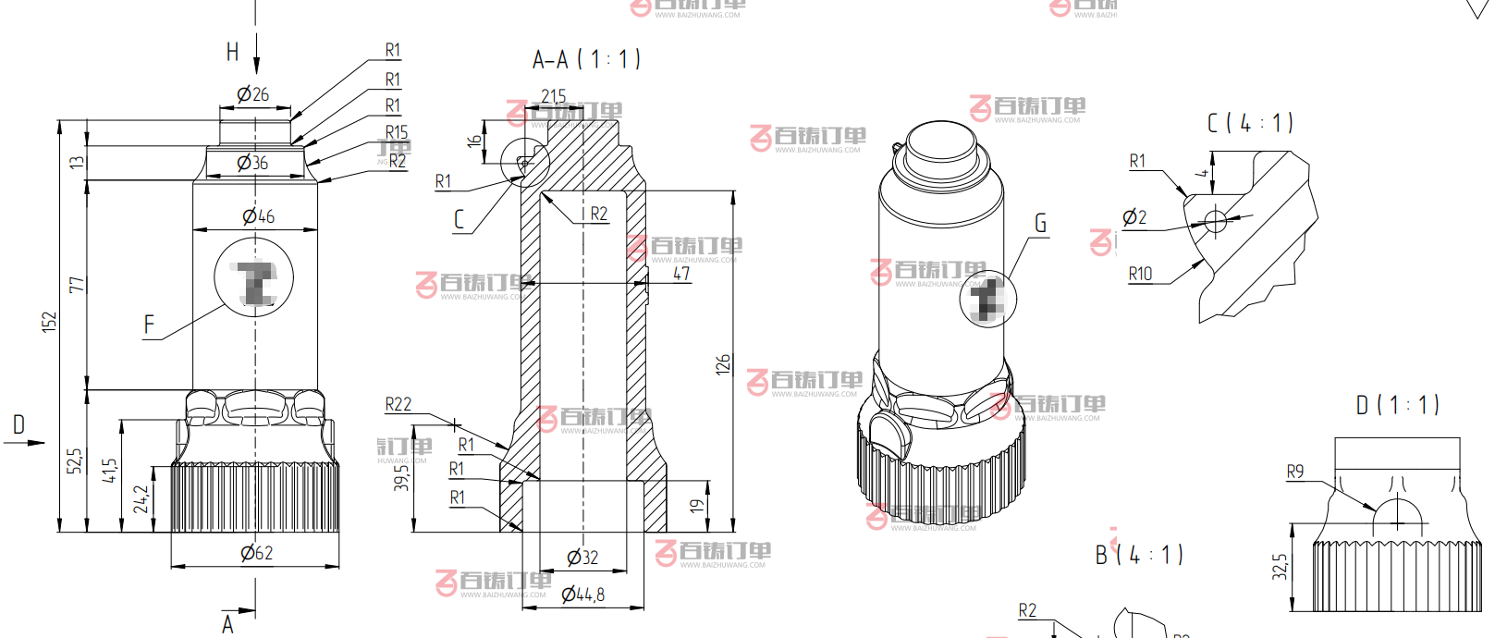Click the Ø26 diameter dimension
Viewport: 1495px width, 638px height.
(252, 94)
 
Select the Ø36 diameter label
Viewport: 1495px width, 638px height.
(252, 164)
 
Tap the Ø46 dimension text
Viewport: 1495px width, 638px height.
(258, 216)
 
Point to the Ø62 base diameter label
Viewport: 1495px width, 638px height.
(256, 553)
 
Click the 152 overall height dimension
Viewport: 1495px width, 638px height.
(49, 321)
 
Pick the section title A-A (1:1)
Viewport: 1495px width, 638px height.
(586, 60)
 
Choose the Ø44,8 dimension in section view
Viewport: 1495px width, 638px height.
(583, 595)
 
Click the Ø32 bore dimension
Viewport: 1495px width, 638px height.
(582, 558)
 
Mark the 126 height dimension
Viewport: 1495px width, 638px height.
(723, 363)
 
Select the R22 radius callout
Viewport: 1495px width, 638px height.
(398, 404)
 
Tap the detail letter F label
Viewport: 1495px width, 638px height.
(149, 325)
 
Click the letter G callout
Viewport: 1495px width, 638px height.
(1040, 224)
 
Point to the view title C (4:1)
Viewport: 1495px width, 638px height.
(1250, 123)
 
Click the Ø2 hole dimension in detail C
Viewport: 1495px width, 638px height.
(1134, 217)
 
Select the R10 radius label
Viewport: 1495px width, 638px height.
(1140, 274)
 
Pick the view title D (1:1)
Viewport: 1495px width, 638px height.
(1397, 405)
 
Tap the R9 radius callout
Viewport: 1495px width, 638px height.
(1295, 472)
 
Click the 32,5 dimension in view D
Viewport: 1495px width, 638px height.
(1280, 567)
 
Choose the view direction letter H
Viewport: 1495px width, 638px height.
(233, 52)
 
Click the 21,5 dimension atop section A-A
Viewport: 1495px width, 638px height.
(554, 96)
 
